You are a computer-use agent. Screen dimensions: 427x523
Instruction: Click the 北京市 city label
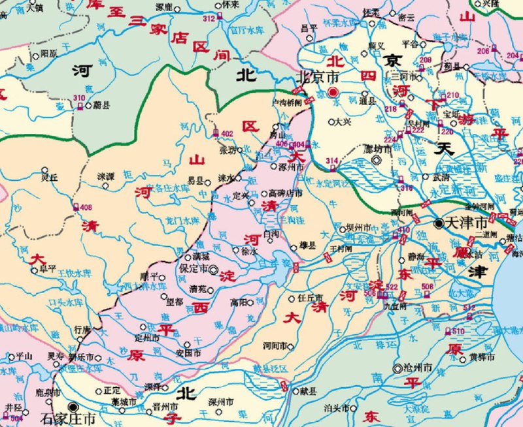coord(318,76)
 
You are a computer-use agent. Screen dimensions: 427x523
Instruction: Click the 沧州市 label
coord(417,369)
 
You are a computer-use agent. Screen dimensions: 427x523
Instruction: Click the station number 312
coord(209,20)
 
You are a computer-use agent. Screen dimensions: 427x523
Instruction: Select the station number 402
coord(227,134)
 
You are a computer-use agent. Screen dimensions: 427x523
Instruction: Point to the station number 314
coord(332,161)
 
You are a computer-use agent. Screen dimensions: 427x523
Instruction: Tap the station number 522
coord(392,287)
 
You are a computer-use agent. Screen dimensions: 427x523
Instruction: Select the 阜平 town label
coord(48,268)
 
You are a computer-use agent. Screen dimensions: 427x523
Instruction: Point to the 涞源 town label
coord(106,177)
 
